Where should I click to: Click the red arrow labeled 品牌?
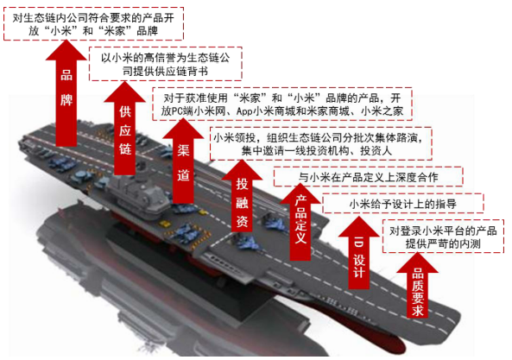click(66, 95)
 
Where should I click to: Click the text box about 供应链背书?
click(165, 64)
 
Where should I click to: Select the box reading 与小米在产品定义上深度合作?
click(368, 177)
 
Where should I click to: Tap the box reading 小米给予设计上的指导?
click(403, 204)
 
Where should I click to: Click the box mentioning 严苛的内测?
click(443, 237)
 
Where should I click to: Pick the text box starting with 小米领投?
click(320, 144)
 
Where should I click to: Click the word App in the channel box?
click(244, 111)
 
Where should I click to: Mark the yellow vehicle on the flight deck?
click(164, 224)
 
